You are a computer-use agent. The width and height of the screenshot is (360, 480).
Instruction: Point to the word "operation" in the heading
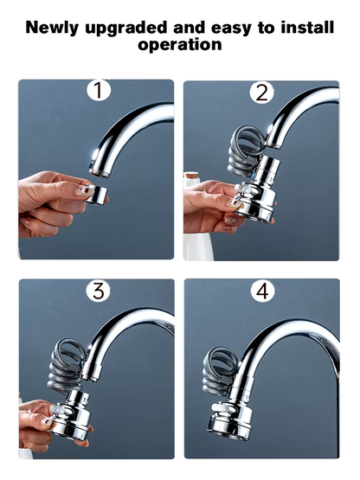tap(180, 43)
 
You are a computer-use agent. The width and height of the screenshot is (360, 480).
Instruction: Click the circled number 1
tap(98, 91)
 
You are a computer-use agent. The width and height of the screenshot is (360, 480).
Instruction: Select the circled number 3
tap(98, 291)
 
